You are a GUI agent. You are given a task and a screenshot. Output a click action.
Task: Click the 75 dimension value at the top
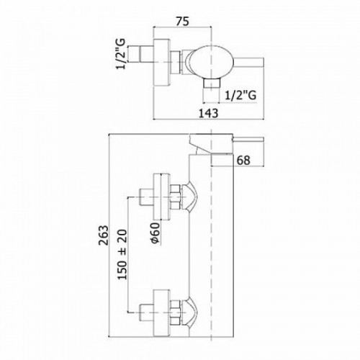(x=183, y=21)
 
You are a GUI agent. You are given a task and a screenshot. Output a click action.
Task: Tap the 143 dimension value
(x=209, y=113)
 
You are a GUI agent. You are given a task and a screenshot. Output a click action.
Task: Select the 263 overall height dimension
(x=104, y=235)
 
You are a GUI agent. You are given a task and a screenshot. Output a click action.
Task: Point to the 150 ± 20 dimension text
(x=122, y=255)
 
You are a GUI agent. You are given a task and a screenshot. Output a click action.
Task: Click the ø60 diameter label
(x=156, y=233)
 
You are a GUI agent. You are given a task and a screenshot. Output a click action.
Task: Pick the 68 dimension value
(x=243, y=161)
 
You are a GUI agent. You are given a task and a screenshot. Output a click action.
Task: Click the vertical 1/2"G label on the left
(x=121, y=54)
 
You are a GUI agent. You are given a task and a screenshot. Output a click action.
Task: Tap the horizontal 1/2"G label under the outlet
(x=240, y=95)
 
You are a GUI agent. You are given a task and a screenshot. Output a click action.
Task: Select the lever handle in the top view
(x=248, y=62)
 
